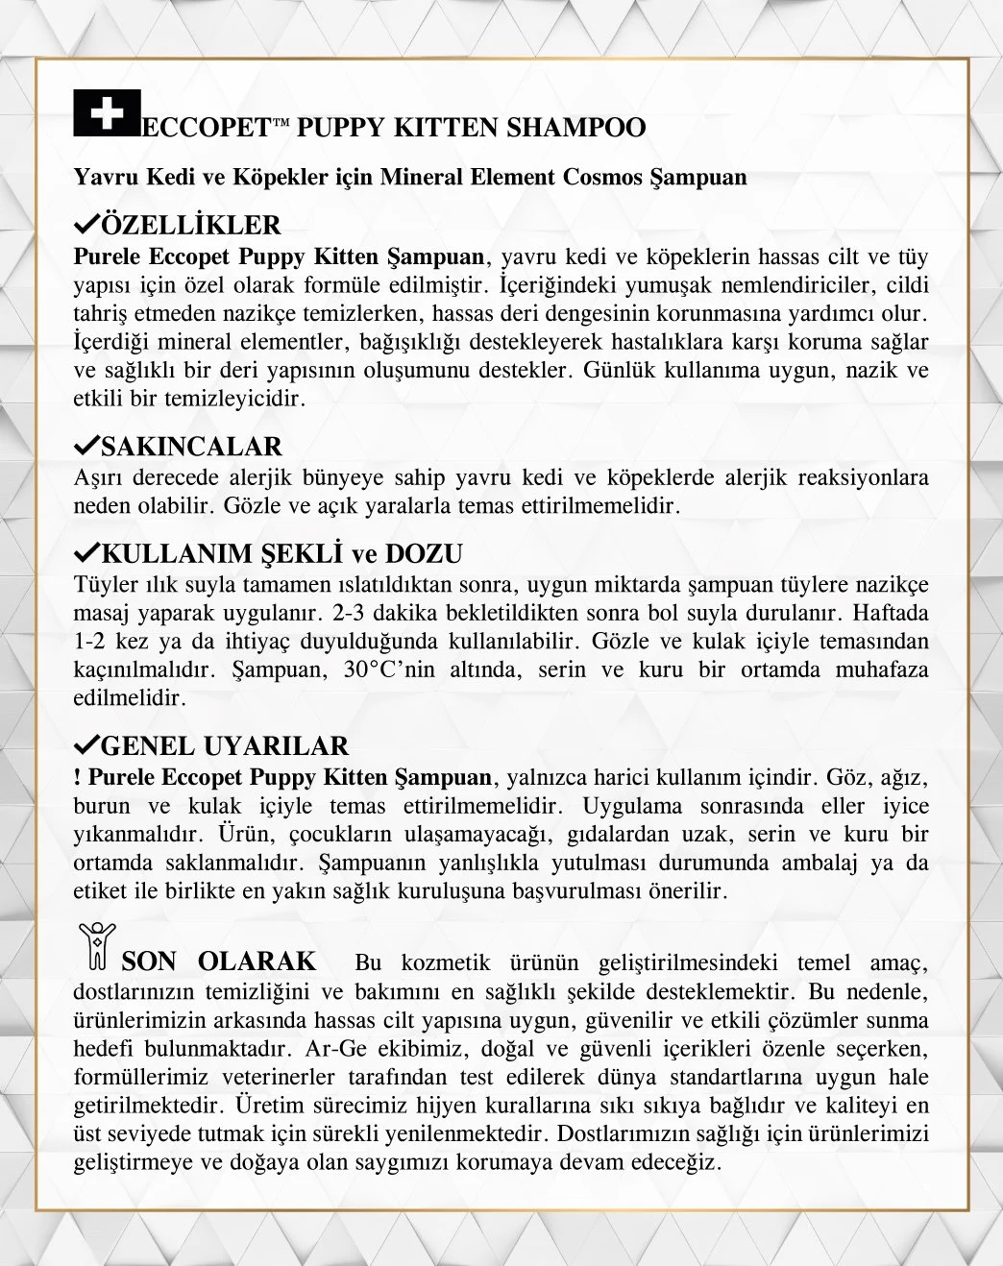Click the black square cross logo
(x=107, y=113)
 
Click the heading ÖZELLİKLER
(x=190, y=226)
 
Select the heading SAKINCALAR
(x=191, y=447)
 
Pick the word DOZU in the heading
(x=424, y=554)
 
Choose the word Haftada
(x=891, y=613)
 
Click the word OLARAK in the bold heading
(x=257, y=962)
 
